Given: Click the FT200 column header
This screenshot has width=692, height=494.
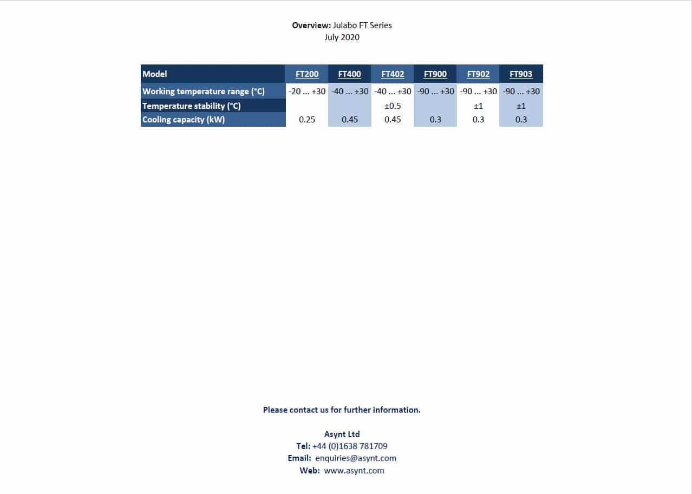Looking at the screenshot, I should (307, 74).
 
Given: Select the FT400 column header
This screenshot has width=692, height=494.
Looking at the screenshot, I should (350, 74).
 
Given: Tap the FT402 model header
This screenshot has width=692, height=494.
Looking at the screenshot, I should (393, 74).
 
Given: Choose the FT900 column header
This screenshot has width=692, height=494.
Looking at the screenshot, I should (435, 74).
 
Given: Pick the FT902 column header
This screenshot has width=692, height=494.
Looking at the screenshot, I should (478, 74).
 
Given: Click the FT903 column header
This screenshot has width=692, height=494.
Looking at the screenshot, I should (521, 74).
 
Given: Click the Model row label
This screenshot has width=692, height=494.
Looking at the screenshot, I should (155, 74).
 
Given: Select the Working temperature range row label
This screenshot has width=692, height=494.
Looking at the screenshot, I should (204, 92).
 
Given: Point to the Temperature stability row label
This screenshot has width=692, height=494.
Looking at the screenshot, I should (192, 106).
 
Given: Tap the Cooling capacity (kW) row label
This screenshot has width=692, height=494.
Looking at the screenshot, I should (184, 120).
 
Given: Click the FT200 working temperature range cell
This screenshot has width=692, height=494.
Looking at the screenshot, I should (307, 92).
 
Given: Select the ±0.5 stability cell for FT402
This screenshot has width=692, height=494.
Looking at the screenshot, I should (393, 106).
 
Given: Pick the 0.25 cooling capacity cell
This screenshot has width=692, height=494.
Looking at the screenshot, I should (307, 120).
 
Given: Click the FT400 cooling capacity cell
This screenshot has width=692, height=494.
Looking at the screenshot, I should (350, 120).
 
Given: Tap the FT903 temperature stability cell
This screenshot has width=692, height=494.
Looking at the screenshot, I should (521, 106).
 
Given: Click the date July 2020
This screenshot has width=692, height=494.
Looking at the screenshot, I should (342, 37).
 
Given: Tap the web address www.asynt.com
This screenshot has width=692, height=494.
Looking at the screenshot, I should (354, 471).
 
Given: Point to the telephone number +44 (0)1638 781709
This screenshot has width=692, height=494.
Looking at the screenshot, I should (350, 446).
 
